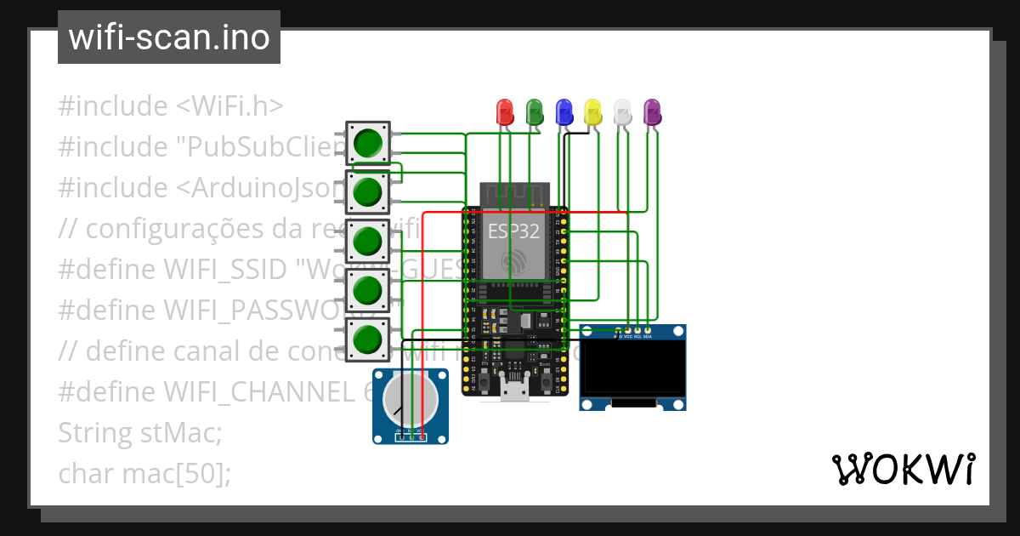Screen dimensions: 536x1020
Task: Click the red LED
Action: click(x=504, y=111)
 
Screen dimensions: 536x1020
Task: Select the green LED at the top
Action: click(x=535, y=111)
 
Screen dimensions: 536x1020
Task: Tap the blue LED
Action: click(x=564, y=111)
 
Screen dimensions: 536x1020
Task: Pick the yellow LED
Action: click(x=593, y=111)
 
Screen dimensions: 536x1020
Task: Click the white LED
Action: click(x=623, y=111)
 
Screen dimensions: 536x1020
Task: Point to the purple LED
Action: click(x=652, y=111)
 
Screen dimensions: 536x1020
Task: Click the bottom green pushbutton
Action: click(x=367, y=339)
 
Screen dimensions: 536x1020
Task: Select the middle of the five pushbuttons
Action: click(x=367, y=241)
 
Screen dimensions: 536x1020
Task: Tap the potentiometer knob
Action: click(x=410, y=400)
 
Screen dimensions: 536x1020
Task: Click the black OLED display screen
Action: click(x=632, y=368)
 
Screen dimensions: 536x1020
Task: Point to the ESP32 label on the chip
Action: click(x=513, y=231)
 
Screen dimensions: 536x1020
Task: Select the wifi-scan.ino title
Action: click(x=168, y=37)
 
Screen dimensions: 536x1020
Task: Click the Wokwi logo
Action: click(x=903, y=469)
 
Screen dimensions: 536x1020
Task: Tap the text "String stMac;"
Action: click(x=139, y=433)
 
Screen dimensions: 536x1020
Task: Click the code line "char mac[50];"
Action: click(x=144, y=473)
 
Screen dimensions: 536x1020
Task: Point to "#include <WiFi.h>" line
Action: click(x=170, y=106)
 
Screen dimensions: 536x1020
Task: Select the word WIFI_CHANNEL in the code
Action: click(x=263, y=392)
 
